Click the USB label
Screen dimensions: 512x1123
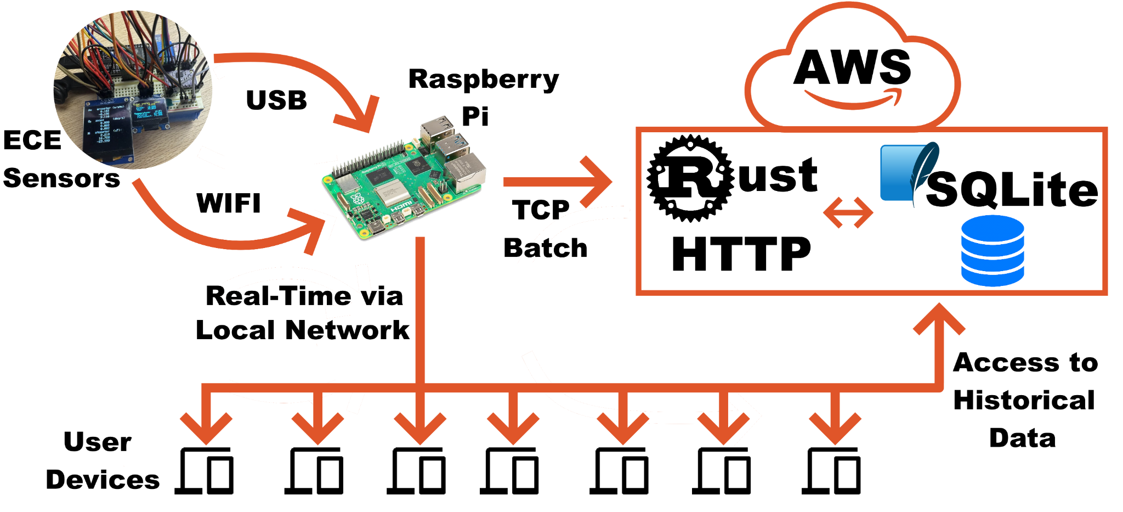[276, 100]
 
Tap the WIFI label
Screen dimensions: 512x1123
[229, 203]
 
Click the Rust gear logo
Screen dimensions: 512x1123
[690, 178]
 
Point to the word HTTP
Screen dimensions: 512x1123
[741, 254]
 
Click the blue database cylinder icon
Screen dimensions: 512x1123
[992, 250]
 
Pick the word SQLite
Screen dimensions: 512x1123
[1012, 189]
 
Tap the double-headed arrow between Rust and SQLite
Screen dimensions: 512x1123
[848, 212]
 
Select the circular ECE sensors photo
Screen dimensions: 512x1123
[133, 89]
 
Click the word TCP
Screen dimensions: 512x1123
[541, 210]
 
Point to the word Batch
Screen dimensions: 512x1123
[546, 248]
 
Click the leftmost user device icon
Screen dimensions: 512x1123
[205, 471]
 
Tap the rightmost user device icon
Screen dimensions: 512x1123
[831, 471]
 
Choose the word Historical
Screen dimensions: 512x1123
[1024, 400]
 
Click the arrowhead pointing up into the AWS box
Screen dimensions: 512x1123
[939, 318]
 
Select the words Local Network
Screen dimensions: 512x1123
[303, 330]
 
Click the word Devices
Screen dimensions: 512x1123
[103, 480]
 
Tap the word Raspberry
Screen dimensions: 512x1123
[484, 80]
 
